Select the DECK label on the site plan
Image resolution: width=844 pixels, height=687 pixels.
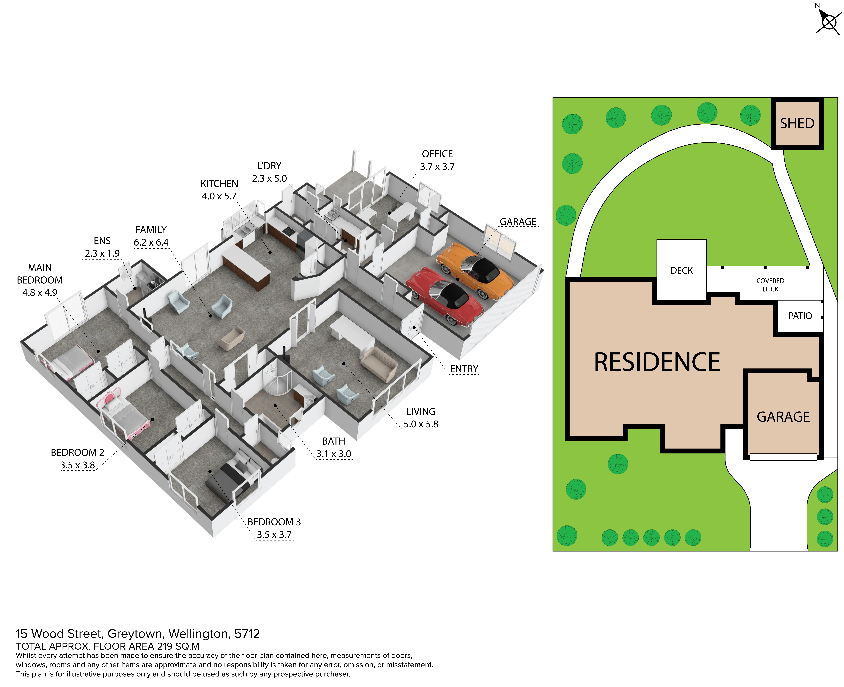[681, 271]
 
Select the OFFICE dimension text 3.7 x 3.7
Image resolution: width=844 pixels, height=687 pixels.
[437, 167]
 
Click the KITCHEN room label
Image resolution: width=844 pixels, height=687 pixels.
[219, 184]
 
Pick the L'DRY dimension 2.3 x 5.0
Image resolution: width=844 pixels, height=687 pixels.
[269, 179]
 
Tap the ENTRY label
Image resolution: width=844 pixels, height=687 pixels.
[464, 369]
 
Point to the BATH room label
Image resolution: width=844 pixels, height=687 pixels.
[334, 441]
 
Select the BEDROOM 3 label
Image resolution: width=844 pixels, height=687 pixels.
[274, 522]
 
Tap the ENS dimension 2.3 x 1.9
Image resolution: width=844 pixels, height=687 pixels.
[102, 253]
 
